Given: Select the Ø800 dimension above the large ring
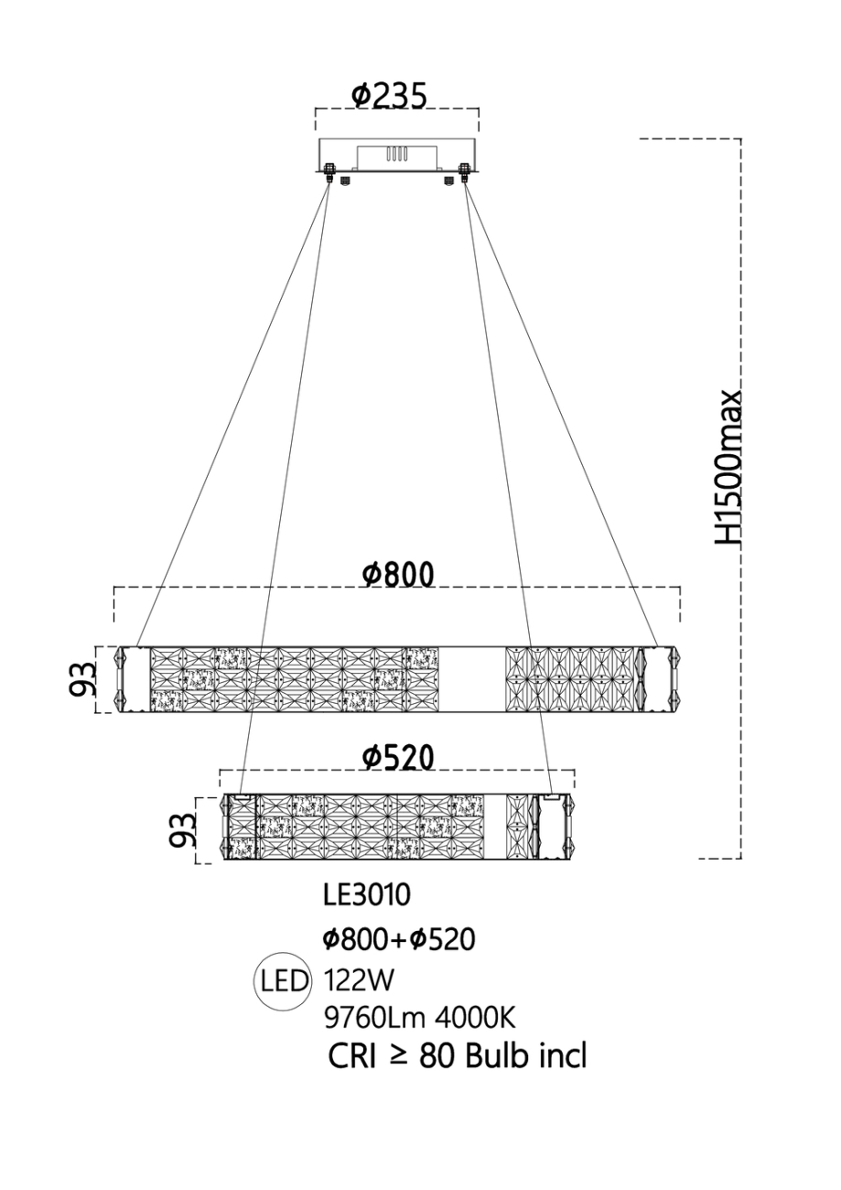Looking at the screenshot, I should point(397,575).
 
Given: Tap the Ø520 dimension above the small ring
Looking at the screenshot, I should point(397,757).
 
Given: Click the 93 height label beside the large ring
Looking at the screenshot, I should point(85,678).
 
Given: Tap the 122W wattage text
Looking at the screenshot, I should point(359,982).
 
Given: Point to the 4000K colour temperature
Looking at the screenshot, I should point(484,1018).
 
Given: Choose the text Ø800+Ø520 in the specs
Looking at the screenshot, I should point(401,939).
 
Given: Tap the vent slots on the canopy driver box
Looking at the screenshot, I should point(394,156).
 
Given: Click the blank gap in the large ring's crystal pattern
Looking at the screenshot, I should point(471,678).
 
